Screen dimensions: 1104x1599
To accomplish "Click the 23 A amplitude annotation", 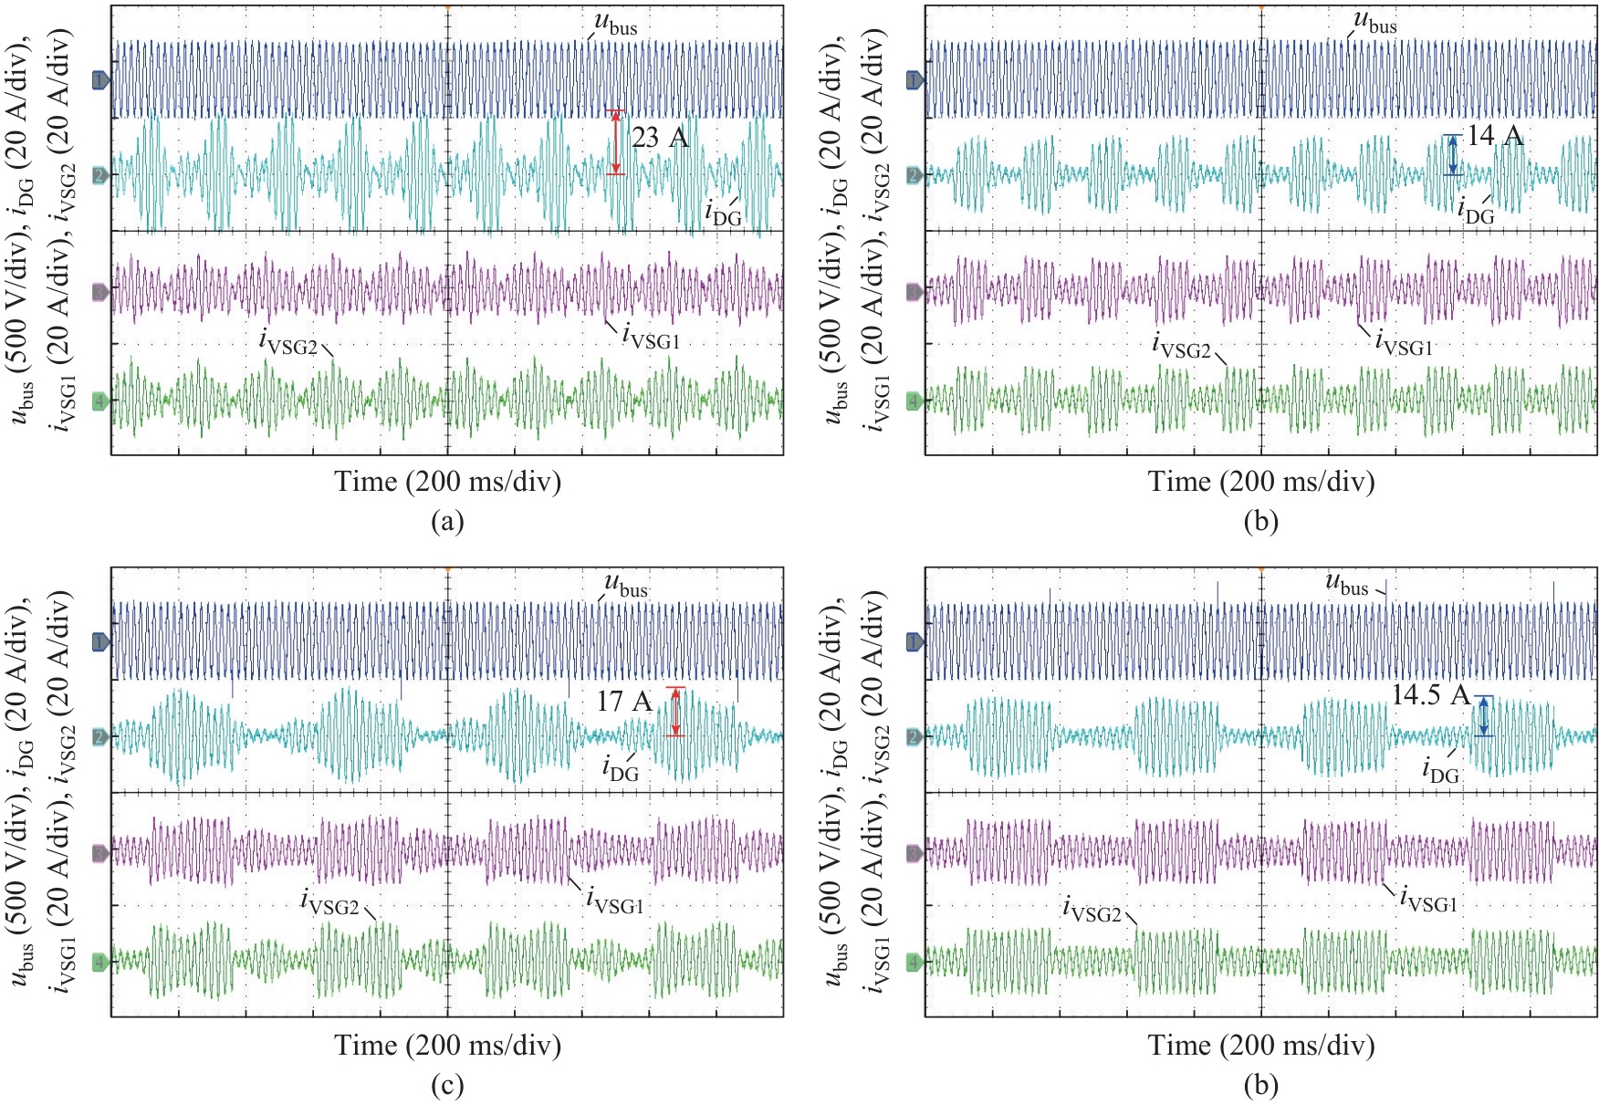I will pos(660,138).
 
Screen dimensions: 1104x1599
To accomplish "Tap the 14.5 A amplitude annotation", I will pos(1430,695).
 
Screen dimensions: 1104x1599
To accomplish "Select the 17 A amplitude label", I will pos(624,701).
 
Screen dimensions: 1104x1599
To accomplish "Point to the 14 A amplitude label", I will pos(1495,136).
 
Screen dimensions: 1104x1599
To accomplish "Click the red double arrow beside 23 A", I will pos(616,142).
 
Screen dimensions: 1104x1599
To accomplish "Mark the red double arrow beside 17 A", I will pos(675,712).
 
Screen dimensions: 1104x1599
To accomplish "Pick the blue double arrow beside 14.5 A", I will pos(1484,716).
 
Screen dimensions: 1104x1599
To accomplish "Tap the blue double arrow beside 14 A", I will pos(1453,155).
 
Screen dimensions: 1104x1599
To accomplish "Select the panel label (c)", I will pos(447,1085).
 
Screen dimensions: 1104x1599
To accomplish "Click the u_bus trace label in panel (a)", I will pos(616,24).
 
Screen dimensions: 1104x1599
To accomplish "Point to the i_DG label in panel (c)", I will pos(621,768).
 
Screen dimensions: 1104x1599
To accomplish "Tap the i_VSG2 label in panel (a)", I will pos(288,343).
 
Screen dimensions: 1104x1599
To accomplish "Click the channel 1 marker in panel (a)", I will pos(100,81).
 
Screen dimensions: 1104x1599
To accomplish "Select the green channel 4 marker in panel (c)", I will pos(100,961).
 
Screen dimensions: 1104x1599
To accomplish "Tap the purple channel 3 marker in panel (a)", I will pos(100,292).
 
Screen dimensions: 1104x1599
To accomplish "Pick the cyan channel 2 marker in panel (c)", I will pos(100,736).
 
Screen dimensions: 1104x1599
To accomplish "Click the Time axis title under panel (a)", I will pos(447,481).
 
